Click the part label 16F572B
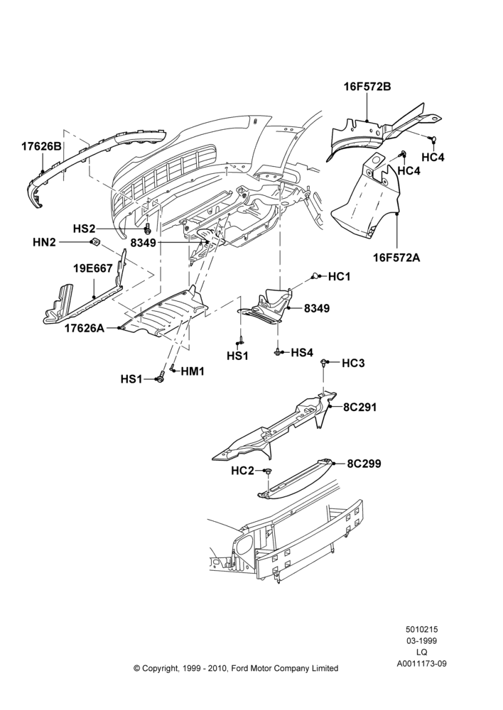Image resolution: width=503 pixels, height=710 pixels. pyautogui.click(x=367, y=86)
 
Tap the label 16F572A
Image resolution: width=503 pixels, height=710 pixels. pyautogui.click(x=396, y=258)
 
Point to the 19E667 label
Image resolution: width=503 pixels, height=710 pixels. pyautogui.click(x=93, y=268)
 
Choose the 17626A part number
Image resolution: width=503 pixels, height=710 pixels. pyautogui.click(x=85, y=328)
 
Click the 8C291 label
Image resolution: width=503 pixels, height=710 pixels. pyautogui.click(x=360, y=407)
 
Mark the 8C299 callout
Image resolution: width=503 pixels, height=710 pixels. pyautogui.click(x=364, y=464)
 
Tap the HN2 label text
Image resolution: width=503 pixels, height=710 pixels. pyautogui.click(x=44, y=242)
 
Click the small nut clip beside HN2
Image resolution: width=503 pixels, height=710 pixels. pyautogui.click(x=95, y=242)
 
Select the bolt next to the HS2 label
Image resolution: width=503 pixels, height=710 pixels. pyautogui.click(x=147, y=229)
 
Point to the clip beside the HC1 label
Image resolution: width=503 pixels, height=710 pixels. pyautogui.click(x=314, y=275)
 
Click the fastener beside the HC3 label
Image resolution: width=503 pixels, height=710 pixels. pyautogui.click(x=324, y=362)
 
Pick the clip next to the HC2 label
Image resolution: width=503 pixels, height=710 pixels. pyautogui.click(x=267, y=472)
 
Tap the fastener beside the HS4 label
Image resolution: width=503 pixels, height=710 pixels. pyautogui.click(x=277, y=352)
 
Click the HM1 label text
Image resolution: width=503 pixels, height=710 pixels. pyautogui.click(x=193, y=372)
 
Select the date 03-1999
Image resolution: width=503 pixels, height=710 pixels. pyautogui.click(x=421, y=640)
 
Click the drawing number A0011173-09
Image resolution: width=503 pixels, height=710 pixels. pyautogui.click(x=422, y=663)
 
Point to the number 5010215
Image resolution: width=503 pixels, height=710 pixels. pyautogui.click(x=421, y=629)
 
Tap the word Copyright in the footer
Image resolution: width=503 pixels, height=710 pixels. pyautogui.click(x=161, y=668)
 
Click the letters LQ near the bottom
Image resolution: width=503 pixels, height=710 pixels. pyautogui.click(x=421, y=652)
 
